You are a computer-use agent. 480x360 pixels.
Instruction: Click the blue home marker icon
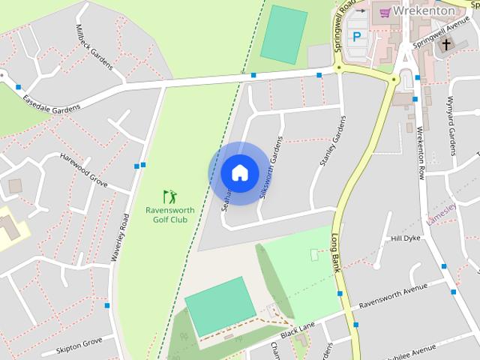(x=239, y=173)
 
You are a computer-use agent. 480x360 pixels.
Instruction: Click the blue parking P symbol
(x=357, y=36)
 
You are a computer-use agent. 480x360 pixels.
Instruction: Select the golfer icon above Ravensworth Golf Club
(x=170, y=196)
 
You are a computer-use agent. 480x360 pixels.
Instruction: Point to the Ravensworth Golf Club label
(x=169, y=214)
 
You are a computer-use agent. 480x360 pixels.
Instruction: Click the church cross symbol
(x=446, y=45)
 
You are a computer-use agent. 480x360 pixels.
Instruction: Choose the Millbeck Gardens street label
(x=94, y=46)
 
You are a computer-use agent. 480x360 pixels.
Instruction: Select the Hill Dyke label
(x=406, y=238)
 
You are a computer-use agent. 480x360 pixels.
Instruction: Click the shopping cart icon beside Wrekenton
(x=385, y=11)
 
